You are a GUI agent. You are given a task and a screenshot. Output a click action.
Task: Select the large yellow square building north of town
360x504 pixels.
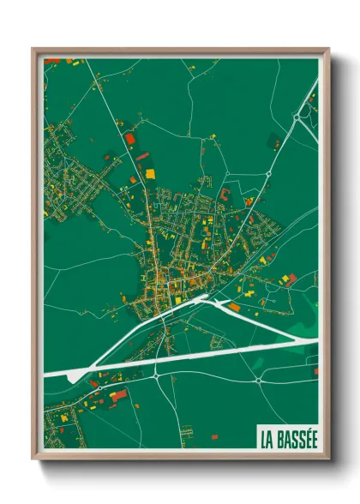pos(150,173)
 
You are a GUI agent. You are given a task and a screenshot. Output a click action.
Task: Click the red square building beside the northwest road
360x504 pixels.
pos(130,137)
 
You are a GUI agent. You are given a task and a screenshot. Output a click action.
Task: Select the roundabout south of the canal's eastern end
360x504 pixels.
pos(257,377)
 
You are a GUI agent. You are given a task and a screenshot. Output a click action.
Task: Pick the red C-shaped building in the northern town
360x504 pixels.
pos(225,196)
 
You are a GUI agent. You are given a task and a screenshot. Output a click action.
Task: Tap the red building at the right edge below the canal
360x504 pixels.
pos(314,370)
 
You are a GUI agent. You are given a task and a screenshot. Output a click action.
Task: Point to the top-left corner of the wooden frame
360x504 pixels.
pos(33,49)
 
